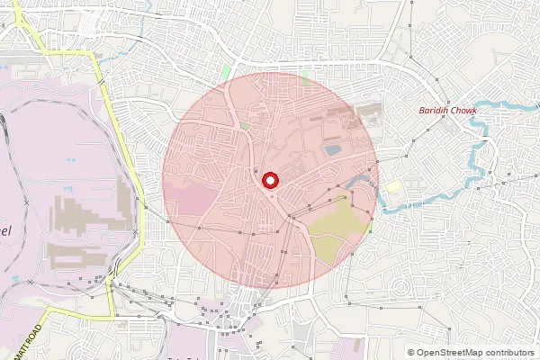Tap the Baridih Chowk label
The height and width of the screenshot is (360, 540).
click(x=447, y=111)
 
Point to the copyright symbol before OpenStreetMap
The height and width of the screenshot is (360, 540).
click(x=411, y=353)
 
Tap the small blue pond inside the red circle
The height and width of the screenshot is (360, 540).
click(x=332, y=149)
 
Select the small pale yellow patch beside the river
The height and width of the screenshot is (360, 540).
click(x=394, y=186)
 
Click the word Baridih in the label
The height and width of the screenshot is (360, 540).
click(x=433, y=111)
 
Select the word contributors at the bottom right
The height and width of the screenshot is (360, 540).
click(x=508, y=353)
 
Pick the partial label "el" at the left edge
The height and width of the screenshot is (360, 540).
click(x=5, y=230)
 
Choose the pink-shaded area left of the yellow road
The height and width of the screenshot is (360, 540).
click(x=54, y=180)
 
